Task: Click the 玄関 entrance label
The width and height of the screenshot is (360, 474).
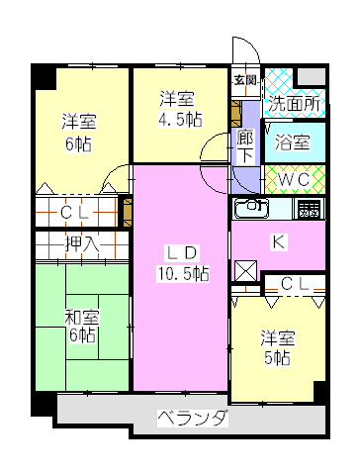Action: point(245,80)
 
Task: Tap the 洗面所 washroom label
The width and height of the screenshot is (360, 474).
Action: point(294,104)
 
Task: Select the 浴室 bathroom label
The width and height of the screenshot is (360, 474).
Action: point(293,142)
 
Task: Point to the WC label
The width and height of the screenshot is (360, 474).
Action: point(294,179)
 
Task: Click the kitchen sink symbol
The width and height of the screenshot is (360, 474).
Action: point(251,209)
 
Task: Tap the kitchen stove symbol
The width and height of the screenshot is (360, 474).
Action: point(309,209)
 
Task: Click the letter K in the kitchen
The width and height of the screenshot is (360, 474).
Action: point(279,242)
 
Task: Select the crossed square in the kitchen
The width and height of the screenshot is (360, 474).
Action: point(245,270)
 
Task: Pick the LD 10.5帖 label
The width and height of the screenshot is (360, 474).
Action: point(183,263)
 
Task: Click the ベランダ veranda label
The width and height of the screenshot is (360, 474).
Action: point(193,419)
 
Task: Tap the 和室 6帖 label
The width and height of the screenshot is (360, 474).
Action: point(82,327)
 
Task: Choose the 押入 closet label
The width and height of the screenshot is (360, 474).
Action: point(82,244)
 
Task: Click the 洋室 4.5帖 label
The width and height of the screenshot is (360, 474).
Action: point(180,109)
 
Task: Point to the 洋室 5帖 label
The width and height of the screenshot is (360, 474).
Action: point(278,347)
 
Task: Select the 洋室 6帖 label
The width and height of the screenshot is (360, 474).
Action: point(79,133)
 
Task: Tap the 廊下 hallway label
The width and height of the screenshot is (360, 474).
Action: point(245,146)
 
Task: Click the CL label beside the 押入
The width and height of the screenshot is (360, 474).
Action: point(74,213)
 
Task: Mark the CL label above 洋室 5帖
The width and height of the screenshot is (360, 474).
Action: point(295,284)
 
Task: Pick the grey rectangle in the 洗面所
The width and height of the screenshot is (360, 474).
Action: point(312,76)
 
